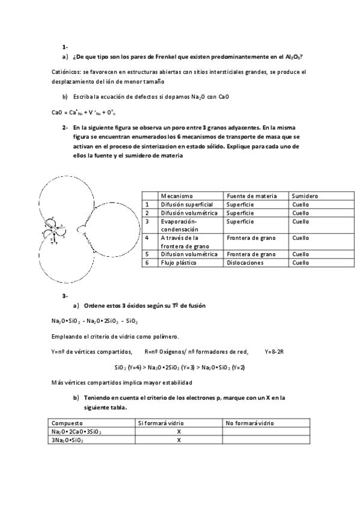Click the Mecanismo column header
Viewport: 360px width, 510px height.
176,196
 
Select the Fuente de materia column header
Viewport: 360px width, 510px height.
251,196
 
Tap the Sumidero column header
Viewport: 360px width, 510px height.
305,196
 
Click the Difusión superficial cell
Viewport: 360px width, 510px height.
186,204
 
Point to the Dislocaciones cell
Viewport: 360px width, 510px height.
247,263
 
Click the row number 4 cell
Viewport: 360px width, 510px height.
147,238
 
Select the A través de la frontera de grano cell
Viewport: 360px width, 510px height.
183,242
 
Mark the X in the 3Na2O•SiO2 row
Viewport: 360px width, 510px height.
178,440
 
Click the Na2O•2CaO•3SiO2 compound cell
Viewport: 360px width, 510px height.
76,431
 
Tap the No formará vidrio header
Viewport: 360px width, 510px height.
250,423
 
